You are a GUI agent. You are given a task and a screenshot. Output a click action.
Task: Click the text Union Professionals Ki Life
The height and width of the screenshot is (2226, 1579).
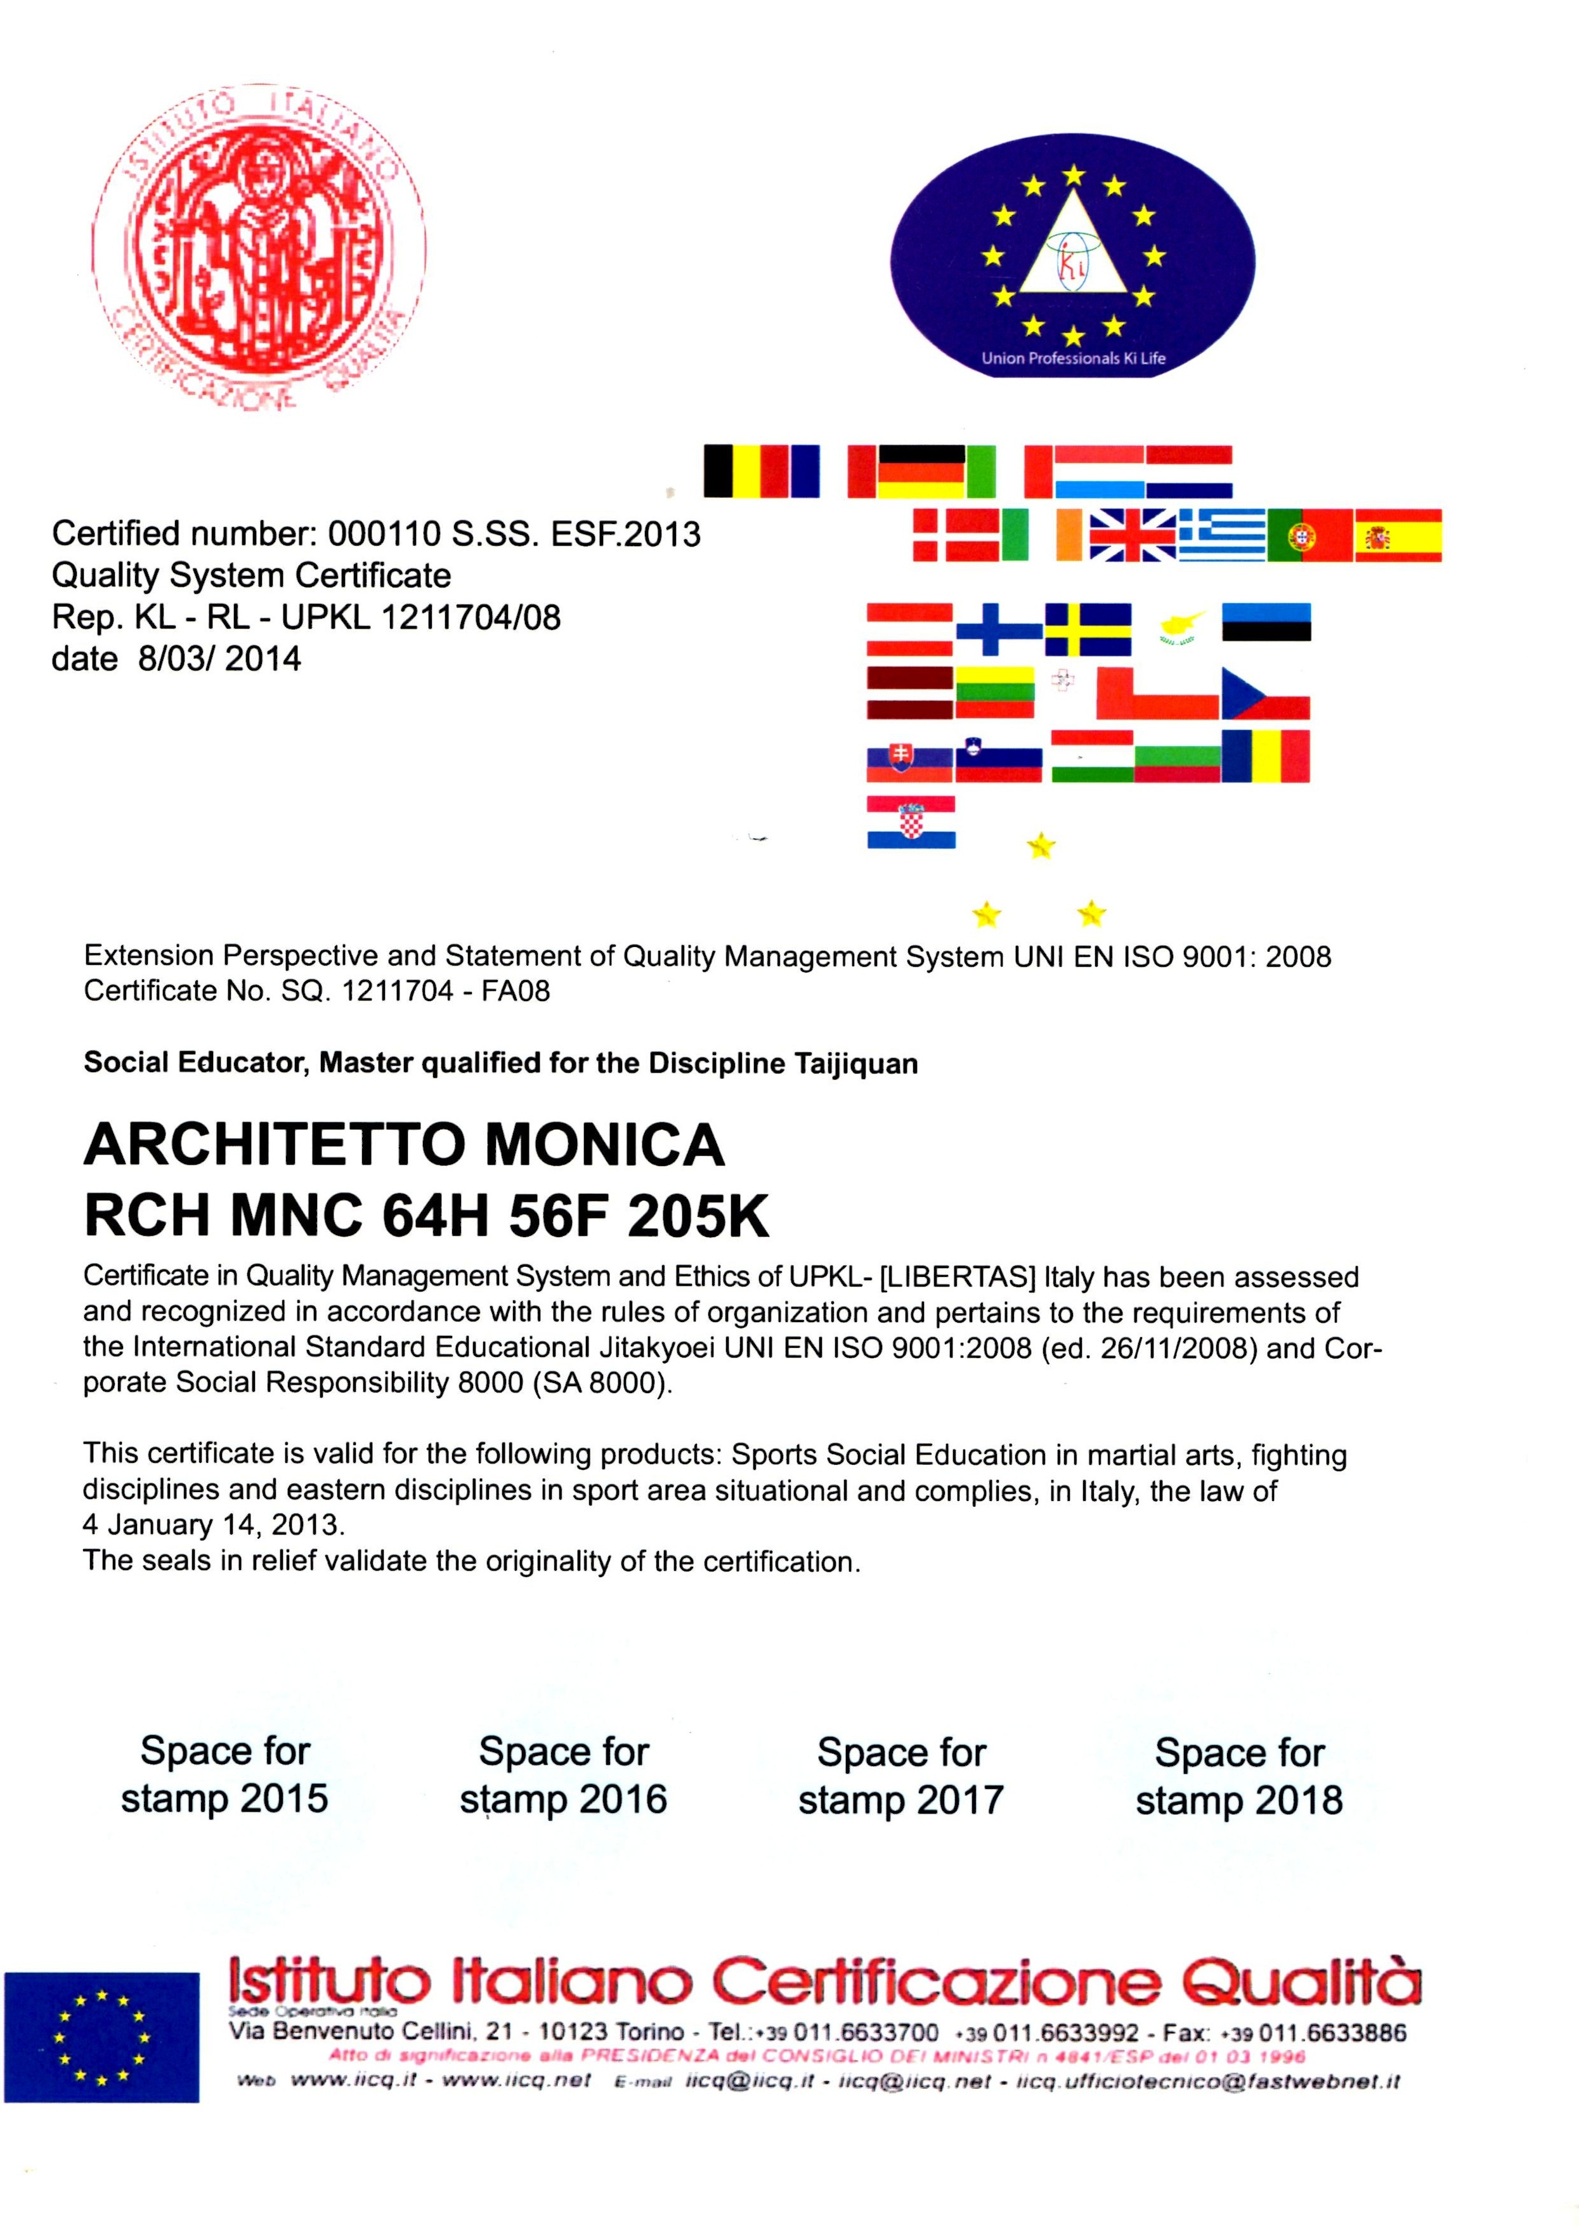coord(1072,358)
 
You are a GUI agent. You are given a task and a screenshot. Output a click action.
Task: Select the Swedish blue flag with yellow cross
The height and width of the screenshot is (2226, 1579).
coord(1088,629)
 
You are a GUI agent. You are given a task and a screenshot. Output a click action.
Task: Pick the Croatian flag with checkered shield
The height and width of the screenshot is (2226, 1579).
coord(911,822)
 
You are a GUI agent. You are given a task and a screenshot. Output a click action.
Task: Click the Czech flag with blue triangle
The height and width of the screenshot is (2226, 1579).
coord(1265,693)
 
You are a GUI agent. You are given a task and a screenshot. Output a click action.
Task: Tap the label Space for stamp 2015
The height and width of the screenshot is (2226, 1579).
coord(224,1775)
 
